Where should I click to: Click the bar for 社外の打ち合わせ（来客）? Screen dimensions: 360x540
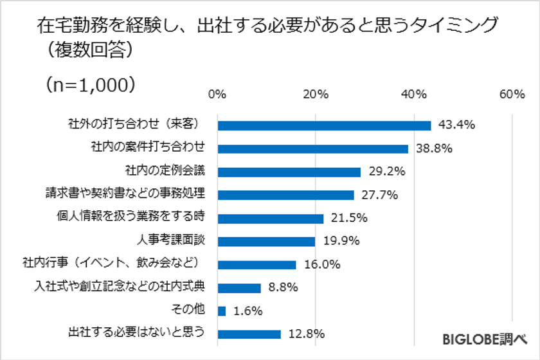(325, 125)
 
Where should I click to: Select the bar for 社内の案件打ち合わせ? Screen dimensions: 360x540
(313, 148)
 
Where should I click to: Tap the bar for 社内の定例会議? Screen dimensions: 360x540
(289, 172)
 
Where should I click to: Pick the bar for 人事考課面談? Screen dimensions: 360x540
(267, 241)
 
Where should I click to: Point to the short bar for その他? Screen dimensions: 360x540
(222, 310)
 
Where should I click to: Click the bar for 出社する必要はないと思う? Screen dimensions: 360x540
(249, 334)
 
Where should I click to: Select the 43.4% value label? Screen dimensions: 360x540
(456, 125)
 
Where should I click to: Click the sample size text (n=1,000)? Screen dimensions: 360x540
(90, 84)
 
